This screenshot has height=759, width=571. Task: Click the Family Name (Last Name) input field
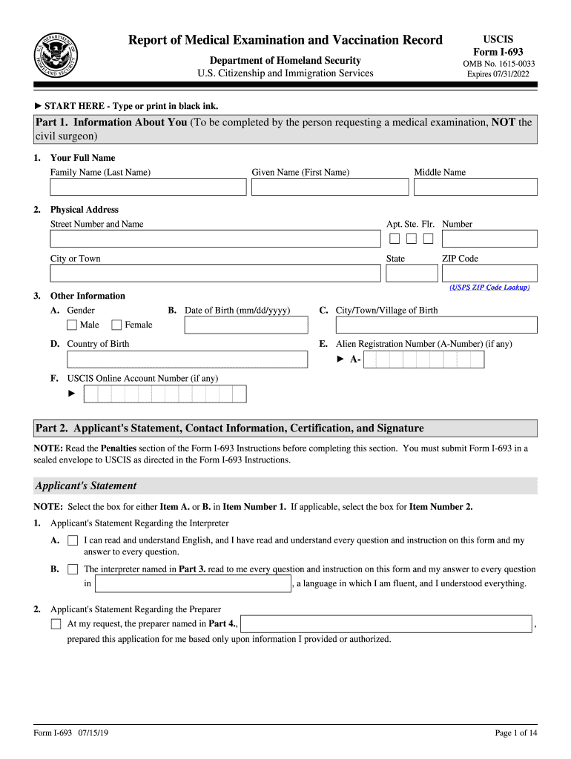[148, 187]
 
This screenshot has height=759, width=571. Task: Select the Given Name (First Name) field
[329, 187]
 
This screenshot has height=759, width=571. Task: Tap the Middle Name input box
[475, 187]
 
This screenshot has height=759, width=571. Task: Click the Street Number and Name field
[214, 239]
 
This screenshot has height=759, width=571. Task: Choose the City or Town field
[214, 273]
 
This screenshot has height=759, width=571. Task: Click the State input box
[406, 273]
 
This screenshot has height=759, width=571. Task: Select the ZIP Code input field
[489, 273]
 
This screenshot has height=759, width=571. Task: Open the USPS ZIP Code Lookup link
[489, 287]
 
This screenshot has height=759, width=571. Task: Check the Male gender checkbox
[72, 325]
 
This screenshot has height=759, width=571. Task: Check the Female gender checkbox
[116, 325]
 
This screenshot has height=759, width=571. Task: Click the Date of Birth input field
[246, 325]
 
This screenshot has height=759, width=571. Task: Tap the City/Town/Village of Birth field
[436, 325]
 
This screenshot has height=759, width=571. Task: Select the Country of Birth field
[187, 359]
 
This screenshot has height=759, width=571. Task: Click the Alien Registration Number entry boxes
[423, 359]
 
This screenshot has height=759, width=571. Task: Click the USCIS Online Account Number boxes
[165, 394]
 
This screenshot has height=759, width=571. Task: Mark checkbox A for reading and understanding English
[73, 541]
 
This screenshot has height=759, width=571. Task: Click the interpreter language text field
[193, 584]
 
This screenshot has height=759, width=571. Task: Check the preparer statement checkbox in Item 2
[56, 624]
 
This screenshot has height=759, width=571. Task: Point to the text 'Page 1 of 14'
[515, 733]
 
